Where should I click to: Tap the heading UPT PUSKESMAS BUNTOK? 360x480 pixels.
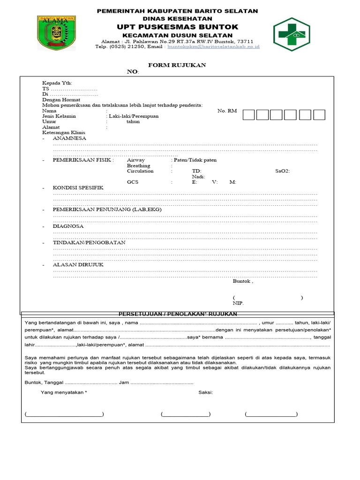point(177,27)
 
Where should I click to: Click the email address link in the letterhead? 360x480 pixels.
point(213,47)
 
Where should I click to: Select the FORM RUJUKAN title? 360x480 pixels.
point(177,65)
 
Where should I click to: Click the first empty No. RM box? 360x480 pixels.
point(249,115)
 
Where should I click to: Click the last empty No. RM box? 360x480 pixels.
point(319,115)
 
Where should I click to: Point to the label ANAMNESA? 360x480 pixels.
point(69,139)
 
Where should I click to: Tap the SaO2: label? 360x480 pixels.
point(283,171)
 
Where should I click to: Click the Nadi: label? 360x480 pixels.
point(199,177)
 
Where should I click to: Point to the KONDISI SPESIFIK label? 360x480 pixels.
point(78,187)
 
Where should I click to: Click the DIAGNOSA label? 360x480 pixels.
point(68,226)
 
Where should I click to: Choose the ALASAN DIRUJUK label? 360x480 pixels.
point(78,265)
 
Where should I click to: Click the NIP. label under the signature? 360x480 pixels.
point(238,303)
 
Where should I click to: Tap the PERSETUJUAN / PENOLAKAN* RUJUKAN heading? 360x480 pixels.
point(177,314)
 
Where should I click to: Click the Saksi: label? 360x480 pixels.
point(205,392)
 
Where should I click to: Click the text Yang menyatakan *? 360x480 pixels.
point(64,392)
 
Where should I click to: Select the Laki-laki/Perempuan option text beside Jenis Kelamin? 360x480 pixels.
point(134,116)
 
